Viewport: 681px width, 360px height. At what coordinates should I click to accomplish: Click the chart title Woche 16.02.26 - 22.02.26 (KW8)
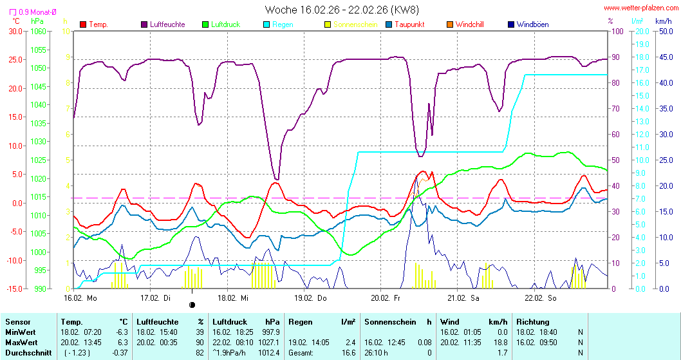(341, 10)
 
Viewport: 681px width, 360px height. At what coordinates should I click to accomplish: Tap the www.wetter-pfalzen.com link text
(640, 8)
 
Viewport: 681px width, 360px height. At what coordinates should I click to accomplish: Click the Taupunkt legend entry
(412, 24)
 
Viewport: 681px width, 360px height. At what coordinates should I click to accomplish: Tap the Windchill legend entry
(469, 24)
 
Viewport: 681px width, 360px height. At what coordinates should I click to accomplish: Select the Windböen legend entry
(532, 24)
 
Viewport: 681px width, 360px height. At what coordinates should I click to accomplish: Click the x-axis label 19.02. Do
(310, 298)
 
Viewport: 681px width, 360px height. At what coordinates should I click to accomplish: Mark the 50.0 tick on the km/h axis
(663, 31)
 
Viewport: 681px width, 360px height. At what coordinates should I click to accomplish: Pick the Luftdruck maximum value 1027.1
(268, 342)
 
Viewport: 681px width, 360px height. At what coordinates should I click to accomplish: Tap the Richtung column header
(532, 321)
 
